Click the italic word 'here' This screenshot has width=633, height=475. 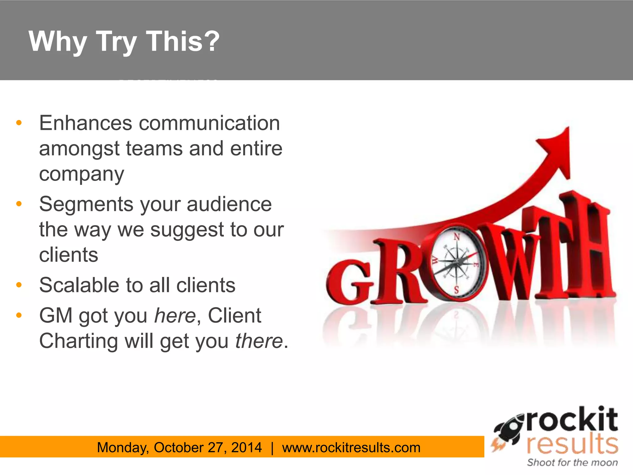(175, 316)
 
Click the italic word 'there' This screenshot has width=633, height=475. (259, 341)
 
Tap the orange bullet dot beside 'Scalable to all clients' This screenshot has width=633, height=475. (19, 285)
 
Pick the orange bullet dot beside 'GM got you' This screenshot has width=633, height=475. (19, 315)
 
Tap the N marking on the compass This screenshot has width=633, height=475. (457, 237)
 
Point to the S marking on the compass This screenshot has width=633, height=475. (457, 290)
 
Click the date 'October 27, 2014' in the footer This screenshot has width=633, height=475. (208, 447)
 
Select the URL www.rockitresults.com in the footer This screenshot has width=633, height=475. (351, 447)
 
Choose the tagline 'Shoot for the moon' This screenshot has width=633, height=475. (572, 463)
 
